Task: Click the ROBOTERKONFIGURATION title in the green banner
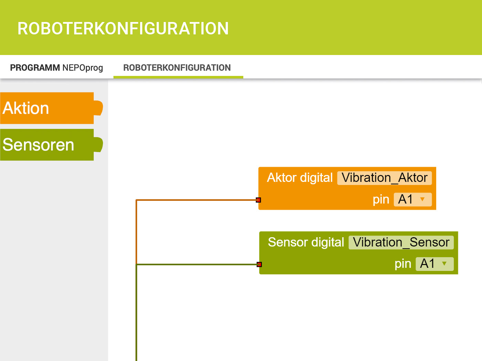[123, 29]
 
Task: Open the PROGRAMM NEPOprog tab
[56, 68]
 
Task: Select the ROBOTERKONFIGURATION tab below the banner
[177, 68]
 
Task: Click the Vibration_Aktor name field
[385, 178]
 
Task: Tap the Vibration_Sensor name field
[401, 242]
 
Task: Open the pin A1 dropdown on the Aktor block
[413, 199]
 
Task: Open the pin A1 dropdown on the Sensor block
[435, 264]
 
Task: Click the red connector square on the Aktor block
[259, 200]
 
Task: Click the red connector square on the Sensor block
[259, 264]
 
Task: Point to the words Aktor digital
[300, 177]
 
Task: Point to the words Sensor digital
[306, 242]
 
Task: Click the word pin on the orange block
[381, 200]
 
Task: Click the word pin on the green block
[403, 264]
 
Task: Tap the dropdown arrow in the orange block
[422, 199]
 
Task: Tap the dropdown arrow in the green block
[444, 264]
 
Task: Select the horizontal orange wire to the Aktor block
[196, 200]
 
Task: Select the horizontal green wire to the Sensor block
[197, 264]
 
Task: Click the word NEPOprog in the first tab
[83, 68]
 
